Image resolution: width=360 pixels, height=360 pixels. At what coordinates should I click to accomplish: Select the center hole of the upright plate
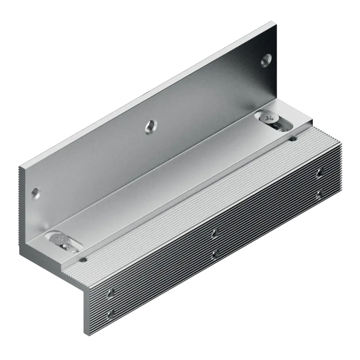point(150,125)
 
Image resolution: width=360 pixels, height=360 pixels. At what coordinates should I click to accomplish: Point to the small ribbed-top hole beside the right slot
point(293,139)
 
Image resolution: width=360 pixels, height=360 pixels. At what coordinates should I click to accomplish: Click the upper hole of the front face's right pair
point(319,173)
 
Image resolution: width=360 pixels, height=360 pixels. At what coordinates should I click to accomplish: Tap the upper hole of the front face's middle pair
point(215,233)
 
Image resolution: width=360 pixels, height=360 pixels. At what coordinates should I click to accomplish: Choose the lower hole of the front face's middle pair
point(215,254)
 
